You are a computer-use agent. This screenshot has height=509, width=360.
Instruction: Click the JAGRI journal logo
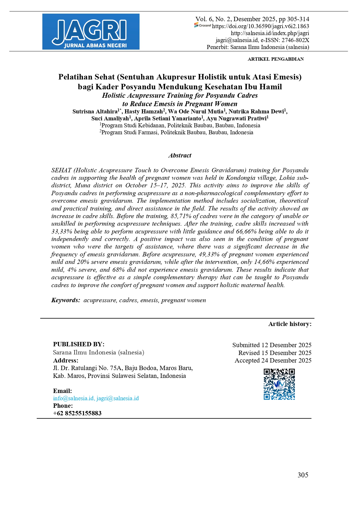point(91,32)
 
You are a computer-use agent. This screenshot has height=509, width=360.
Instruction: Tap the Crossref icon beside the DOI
point(203,26)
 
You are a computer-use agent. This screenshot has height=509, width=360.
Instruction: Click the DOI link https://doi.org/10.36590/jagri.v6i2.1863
point(260,26)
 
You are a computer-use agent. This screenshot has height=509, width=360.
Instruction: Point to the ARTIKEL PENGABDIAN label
point(276,59)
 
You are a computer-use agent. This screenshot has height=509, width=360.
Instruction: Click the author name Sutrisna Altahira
point(95,112)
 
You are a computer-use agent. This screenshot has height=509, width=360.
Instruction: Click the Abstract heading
point(180,155)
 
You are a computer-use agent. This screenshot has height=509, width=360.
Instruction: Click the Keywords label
point(66,300)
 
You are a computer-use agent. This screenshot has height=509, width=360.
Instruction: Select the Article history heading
point(290,324)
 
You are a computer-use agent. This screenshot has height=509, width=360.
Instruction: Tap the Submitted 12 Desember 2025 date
point(272,345)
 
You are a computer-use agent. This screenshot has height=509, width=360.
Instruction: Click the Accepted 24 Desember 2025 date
point(273,361)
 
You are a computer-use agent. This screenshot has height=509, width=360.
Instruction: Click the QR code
point(279,384)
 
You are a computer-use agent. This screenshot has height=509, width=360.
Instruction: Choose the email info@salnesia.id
point(73,398)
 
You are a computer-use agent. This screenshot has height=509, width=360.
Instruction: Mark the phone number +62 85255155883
point(77,413)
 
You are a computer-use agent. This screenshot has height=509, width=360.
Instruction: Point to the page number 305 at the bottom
point(303,475)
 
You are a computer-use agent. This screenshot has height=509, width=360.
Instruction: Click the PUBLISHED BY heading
point(79,344)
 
